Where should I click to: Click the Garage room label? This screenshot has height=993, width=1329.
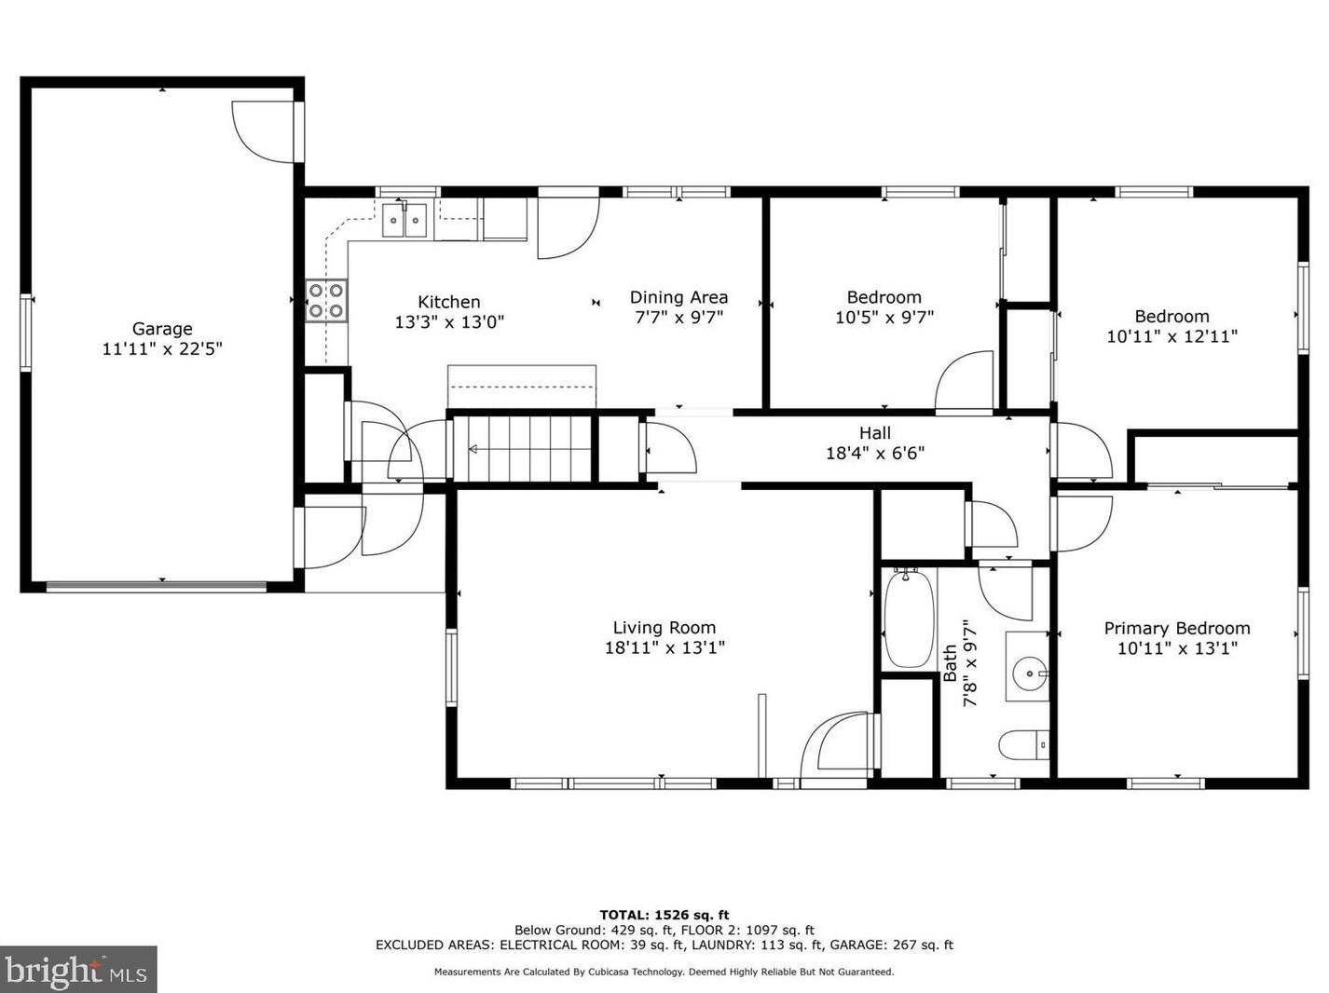click(162, 329)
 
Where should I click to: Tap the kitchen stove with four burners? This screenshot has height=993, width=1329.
click(326, 301)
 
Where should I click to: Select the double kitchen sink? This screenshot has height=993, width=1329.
click(404, 220)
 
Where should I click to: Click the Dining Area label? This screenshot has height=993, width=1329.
click(678, 297)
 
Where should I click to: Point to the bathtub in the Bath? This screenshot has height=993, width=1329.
click(908, 619)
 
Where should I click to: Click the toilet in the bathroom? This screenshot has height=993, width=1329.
click(1023, 745)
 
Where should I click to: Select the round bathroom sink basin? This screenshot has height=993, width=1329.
click(1029, 672)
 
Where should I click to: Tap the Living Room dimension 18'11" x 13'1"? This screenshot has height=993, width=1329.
click(664, 647)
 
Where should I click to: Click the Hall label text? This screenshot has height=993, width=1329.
click(875, 432)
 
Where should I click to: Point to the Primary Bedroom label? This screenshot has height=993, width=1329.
click(1177, 628)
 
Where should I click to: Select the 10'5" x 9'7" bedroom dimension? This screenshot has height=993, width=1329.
click(884, 317)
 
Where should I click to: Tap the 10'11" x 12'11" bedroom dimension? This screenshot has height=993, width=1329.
click(1171, 336)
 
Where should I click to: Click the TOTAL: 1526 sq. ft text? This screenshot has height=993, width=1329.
click(664, 915)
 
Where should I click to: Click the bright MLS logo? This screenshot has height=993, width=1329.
click(77, 970)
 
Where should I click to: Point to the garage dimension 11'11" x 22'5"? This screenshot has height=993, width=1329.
click(162, 348)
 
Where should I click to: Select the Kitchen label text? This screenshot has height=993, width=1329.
click(448, 302)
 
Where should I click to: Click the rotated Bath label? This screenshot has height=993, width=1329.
click(950, 662)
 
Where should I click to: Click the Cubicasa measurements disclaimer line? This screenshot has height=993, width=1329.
click(664, 973)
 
